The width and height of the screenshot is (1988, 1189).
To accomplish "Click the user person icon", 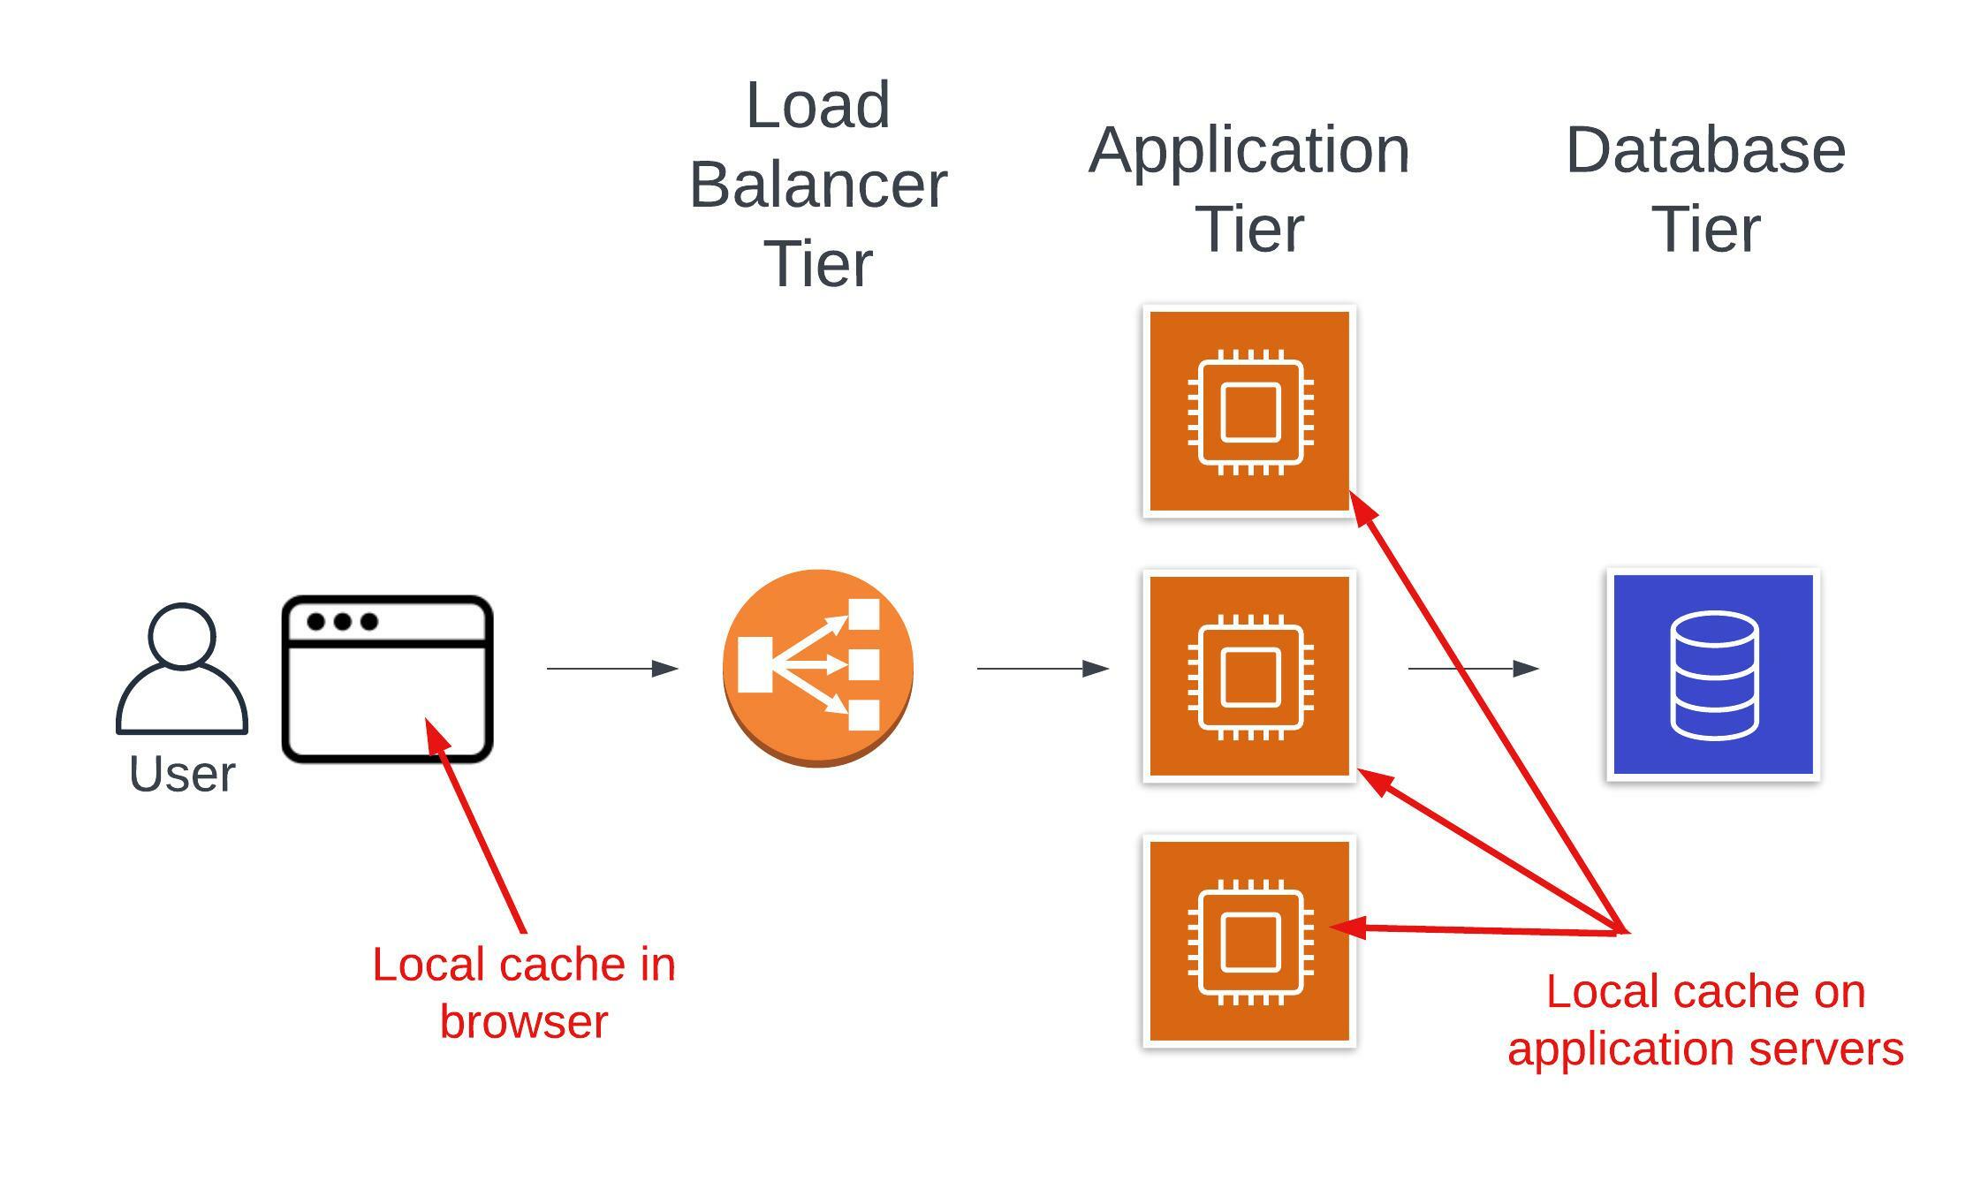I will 181,669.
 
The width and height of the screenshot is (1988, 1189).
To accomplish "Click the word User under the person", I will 182,775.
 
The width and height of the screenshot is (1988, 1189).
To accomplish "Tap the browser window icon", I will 387,678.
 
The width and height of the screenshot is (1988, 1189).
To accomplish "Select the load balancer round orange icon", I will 817,668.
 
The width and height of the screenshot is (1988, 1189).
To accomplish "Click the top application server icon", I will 1249,412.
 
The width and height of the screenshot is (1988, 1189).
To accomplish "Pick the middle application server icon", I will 1249,676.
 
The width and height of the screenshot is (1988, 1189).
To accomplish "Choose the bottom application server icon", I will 1249,941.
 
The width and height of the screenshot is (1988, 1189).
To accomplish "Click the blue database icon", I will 1712,674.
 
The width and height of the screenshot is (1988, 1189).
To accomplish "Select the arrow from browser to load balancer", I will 611,669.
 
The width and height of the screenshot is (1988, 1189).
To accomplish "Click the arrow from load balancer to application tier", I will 1042,669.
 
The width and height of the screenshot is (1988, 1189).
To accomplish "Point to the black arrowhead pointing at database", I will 1526,669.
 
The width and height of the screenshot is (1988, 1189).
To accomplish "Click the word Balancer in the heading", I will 817,186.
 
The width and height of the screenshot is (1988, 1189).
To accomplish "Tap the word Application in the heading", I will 1248,150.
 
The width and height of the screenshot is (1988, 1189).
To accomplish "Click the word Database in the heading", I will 1705,150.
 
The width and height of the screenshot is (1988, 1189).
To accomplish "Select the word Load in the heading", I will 817,106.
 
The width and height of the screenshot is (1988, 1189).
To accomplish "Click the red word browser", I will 523,1022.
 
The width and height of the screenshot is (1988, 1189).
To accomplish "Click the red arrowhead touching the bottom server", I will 1348,927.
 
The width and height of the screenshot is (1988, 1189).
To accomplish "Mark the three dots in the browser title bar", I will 342,622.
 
